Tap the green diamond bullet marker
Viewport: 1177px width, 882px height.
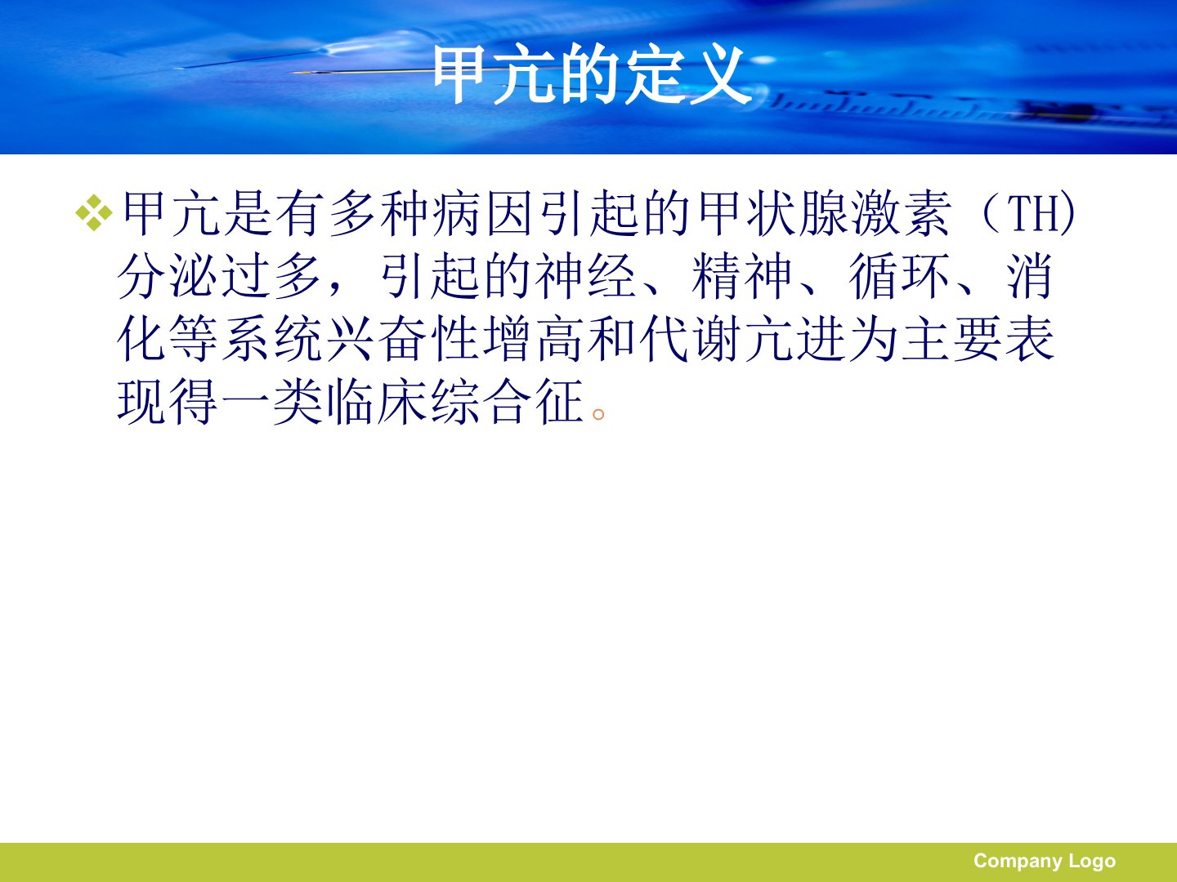click(x=94, y=212)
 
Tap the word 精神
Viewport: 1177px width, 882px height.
click(x=743, y=276)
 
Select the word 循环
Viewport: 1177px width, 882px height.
click(x=900, y=276)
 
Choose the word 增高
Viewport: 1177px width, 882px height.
click(x=533, y=339)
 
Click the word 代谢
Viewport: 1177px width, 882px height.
click(x=690, y=339)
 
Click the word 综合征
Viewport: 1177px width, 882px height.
click(x=507, y=402)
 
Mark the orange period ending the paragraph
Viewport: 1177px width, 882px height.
click(x=598, y=414)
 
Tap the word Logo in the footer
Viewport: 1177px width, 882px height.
click(x=1092, y=861)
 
